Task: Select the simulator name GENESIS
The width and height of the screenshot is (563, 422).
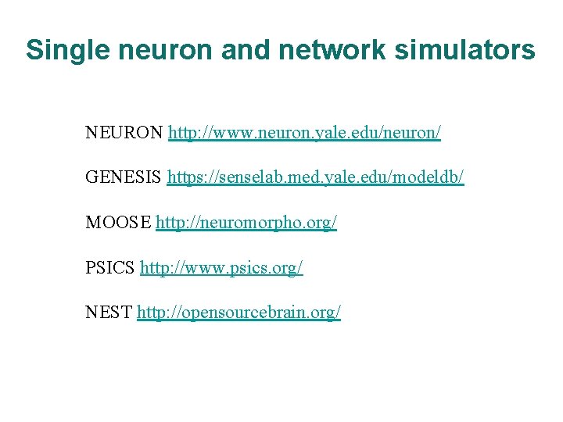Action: click(x=124, y=178)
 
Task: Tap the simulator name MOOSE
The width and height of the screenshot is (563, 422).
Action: click(x=119, y=223)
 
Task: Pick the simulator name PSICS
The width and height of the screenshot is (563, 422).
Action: click(x=111, y=268)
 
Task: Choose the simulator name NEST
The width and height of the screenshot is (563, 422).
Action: click(x=109, y=313)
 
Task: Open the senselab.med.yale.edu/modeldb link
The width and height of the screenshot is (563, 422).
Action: click(x=315, y=178)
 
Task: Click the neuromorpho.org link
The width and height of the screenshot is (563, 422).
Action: click(x=246, y=223)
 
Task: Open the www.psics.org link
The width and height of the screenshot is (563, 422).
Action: click(x=221, y=268)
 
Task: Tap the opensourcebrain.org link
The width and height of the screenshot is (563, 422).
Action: click(x=238, y=313)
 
